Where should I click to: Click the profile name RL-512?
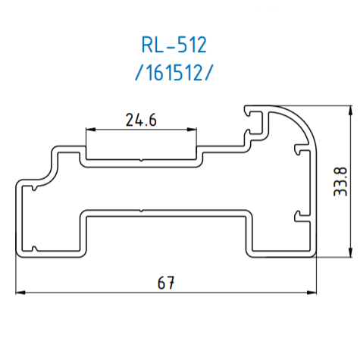tap(174, 45)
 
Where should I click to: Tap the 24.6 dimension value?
tap(141, 119)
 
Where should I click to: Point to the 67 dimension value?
tap(167, 283)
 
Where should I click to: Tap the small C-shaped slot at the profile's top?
tap(253, 114)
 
